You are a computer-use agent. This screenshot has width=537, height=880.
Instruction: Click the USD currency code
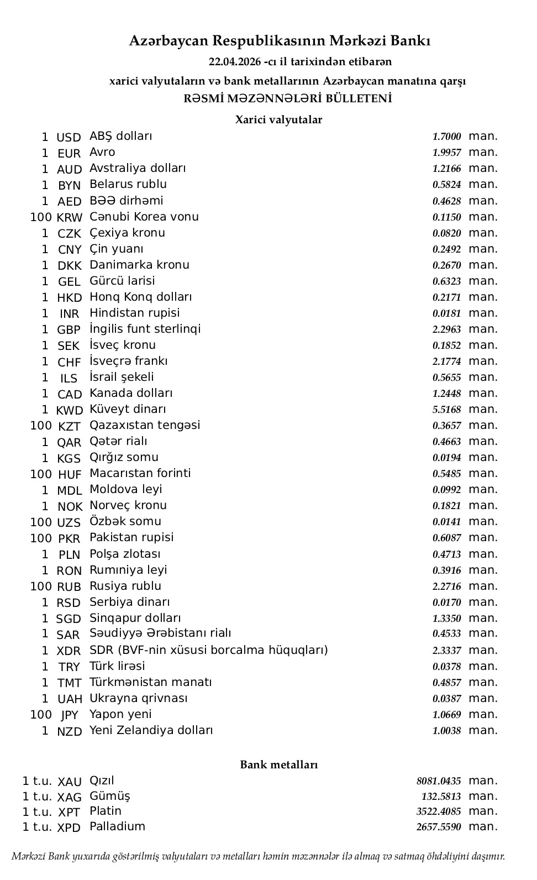[69, 137]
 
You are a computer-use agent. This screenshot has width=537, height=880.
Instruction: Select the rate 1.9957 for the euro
[446, 153]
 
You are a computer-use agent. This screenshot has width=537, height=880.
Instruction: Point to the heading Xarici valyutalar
[278, 119]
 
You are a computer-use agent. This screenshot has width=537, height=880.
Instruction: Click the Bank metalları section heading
[278, 764]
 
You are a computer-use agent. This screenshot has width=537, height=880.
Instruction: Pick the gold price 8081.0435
[439, 781]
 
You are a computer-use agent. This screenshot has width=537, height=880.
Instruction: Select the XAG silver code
[70, 797]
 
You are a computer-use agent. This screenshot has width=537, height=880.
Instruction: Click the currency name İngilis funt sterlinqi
[145, 329]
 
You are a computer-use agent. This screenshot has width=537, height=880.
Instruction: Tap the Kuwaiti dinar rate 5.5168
[446, 410]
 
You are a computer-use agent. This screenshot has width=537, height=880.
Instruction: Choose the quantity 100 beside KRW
[41, 217]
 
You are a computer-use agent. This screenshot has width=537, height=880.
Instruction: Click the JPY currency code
[70, 715]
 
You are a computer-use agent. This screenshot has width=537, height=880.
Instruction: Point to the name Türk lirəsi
[117, 666]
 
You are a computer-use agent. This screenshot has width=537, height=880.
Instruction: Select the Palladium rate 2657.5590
[439, 827]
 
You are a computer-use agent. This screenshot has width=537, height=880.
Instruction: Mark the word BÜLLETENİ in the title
[359, 99]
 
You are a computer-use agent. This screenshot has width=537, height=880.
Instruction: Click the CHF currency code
[70, 362]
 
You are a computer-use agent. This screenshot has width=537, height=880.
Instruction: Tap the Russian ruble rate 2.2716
[446, 586]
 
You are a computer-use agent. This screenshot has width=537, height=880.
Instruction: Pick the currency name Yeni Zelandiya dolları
[151, 730]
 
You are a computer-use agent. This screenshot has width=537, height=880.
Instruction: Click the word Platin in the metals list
[106, 811]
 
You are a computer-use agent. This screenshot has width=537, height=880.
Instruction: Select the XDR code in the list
[69, 651]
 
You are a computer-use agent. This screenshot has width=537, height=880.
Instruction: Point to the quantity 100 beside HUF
[41, 474]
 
